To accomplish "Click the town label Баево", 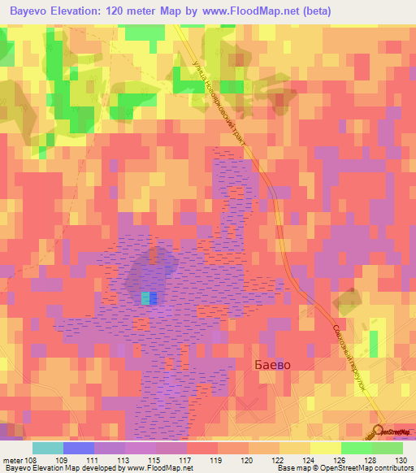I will click(267, 365).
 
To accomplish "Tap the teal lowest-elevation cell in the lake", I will click(145, 299).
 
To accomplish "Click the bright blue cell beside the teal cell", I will click(154, 299).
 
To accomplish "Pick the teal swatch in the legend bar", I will click(48, 448).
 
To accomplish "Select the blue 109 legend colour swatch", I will click(79, 448).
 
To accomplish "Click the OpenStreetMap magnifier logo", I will click(379, 431).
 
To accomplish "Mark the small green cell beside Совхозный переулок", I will click(373, 343).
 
